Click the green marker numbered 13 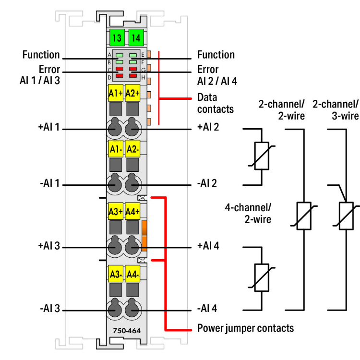pyautogui.click(x=116, y=37)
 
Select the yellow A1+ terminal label pyautogui.click(x=116, y=93)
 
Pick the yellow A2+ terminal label pyautogui.click(x=132, y=93)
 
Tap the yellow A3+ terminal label pyautogui.click(x=116, y=211)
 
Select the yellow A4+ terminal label pyautogui.click(x=132, y=211)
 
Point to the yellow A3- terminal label pyautogui.click(x=116, y=275)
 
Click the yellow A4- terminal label pyautogui.click(x=132, y=275)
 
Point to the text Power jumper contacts pyautogui.click(x=245, y=328)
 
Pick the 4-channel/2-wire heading pyautogui.click(x=248, y=214)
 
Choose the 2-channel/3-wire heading pyautogui.click(x=335, y=109)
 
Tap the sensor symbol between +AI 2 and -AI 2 pyautogui.click(x=262, y=156)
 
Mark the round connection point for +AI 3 pyautogui.click(x=115, y=247)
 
